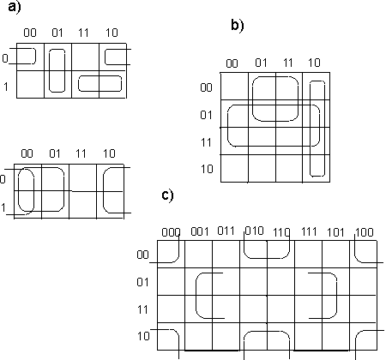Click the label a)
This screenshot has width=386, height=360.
point(15,7)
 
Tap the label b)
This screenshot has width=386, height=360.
point(238,26)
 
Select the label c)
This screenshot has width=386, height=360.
point(167,195)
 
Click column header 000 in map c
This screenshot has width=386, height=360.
point(171,232)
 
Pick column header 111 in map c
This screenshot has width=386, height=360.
point(309,231)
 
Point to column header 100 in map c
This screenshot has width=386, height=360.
point(365,232)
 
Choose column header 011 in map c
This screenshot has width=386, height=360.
point(226,231)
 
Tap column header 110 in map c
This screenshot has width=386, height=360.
point(281,232)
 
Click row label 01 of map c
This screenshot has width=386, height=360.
point(142,282)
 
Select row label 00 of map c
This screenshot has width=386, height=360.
point(142,255)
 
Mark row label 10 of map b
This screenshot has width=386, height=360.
point(207,169)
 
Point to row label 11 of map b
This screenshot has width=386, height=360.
point(206,142)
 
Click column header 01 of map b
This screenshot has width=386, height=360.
point(261,63)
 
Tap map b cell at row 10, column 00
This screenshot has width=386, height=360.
point(234,168)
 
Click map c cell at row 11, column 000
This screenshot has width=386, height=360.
point(171,309)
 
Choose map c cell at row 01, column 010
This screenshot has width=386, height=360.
point(253,281)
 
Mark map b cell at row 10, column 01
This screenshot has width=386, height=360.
point(262,168)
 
